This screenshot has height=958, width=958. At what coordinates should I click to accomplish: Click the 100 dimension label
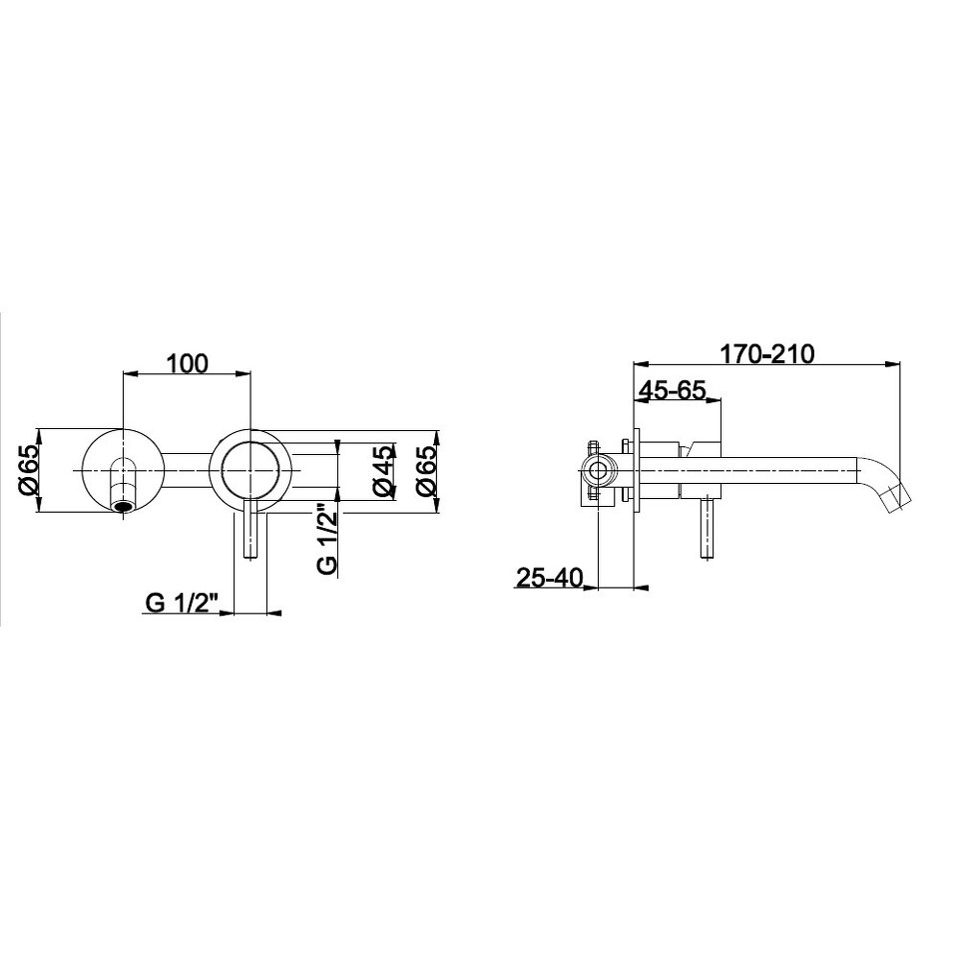click(188, 363)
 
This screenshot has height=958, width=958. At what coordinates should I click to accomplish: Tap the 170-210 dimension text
click(767, 354)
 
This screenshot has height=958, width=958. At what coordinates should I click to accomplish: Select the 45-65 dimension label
click(672, 389)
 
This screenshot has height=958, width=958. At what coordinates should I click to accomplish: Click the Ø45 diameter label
click(382, 470)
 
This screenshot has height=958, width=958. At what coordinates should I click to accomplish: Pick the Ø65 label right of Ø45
click(426, 470)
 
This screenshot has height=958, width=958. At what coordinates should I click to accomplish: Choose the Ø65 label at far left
click(28, 470)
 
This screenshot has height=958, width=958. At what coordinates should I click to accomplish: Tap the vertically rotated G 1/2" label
click(327, 539)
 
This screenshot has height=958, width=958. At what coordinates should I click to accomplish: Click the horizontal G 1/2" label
click(182, 603)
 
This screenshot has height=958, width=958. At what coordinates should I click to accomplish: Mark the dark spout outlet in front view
click(124, 506)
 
